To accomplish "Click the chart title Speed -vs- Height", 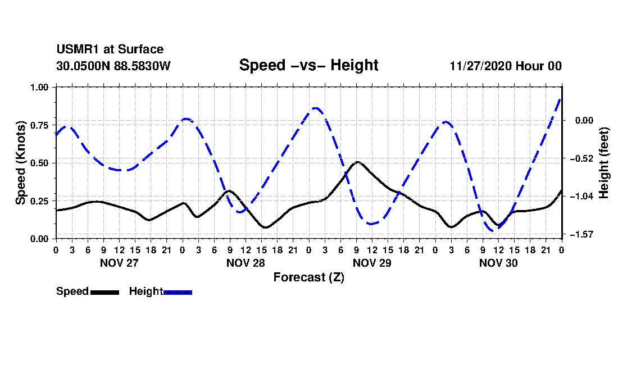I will (308, 65).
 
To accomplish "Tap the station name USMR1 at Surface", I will (110, 49).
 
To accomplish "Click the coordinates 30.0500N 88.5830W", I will (113, 66).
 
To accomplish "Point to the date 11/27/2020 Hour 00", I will (506, 66).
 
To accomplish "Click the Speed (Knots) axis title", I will (21, 163).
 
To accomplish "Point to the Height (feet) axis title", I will (605, 163).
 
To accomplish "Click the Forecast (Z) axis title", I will (308, 277).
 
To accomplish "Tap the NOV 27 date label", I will (119, 263).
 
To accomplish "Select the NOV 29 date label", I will (372, 263).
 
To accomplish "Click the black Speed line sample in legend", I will (104, 292).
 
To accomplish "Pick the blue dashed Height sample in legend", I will (178, 292).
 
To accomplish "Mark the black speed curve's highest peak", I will (357, 162).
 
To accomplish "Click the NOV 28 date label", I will (246, 263).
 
